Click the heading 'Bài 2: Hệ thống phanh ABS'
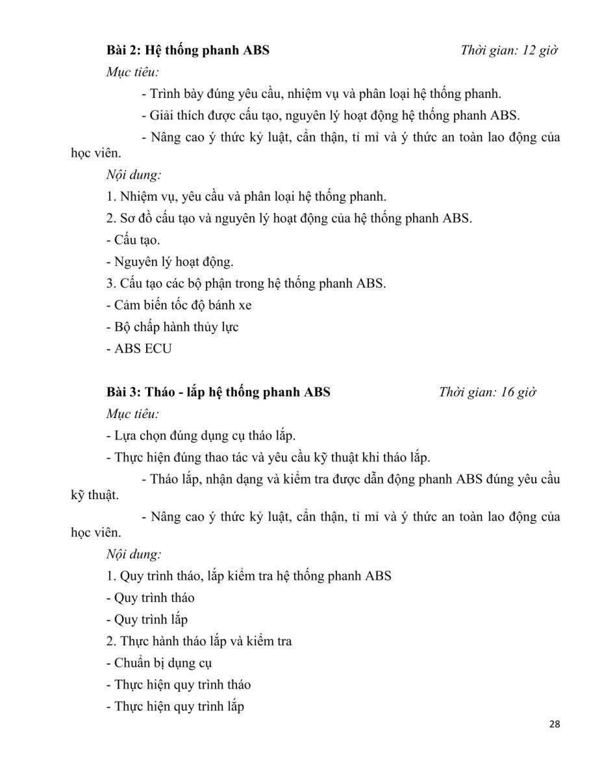pos(188,49)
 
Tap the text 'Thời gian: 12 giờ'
pos(509,49)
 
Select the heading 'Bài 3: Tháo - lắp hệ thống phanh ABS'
pos(218,392)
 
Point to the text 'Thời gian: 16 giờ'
pos(487,392)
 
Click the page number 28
pos(553,724)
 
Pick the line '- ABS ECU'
pos(139,349)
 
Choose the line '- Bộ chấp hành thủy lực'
pos(172,327)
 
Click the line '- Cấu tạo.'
pos(132,240)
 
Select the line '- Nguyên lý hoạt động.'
pos(169,262)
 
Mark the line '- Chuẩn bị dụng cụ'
pos(158,663)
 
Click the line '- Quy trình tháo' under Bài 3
pos(150,597)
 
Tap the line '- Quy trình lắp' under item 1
pos(147,619)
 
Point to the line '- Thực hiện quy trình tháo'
pos(178,684)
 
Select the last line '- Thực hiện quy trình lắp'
pos(175,706)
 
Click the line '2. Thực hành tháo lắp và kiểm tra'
pos(199,641)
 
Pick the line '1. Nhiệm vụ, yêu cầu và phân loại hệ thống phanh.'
pos(246,196)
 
